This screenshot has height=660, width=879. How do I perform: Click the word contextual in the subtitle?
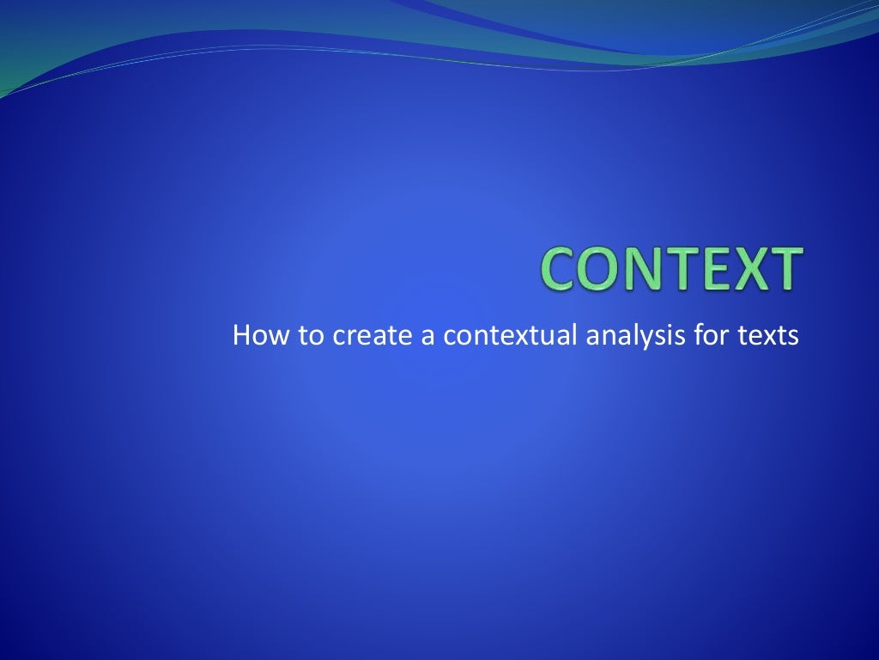(x=510, y=336)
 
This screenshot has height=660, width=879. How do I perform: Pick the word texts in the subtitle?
(x=769, y=336)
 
